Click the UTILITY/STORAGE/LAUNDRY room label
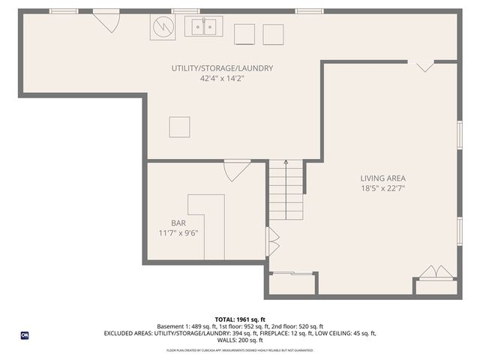pos(221,68)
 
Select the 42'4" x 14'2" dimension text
pos(221,78)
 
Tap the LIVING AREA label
pos(382,178)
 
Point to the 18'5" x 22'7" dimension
pos(382,188)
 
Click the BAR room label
pos(178,223)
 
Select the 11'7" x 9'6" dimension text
pos(178,232)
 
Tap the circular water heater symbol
pos(163,28)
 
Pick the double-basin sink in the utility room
pos(203,28)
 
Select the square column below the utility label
pos(179,127)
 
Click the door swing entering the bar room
pos(235,171)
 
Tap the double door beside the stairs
pos(273,243)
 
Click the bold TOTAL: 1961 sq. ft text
pos(240,319)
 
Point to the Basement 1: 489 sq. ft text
pos(184,327)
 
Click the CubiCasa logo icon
pos(25,335)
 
